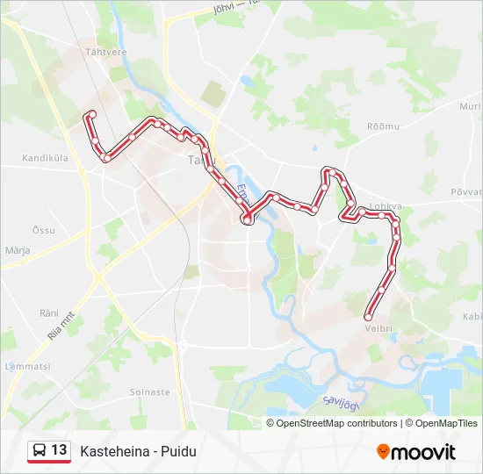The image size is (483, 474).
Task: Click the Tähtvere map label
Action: pos(106,52)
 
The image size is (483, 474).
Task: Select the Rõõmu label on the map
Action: pos(383,126)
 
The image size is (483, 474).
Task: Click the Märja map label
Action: pos(18,250)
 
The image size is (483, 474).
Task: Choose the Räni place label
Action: pos(48,312)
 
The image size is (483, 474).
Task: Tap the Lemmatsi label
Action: pos(25,366)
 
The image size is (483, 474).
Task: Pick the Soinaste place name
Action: pos(149,391)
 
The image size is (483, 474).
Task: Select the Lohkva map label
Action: pos(386,207)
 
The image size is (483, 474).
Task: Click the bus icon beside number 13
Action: pos(40,451)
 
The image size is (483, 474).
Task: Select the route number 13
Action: pos(59,450)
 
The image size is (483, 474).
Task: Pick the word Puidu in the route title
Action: pos(179,451)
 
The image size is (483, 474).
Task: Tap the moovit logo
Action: pos(416,452)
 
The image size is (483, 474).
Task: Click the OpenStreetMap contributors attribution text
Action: pos(336,423)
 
